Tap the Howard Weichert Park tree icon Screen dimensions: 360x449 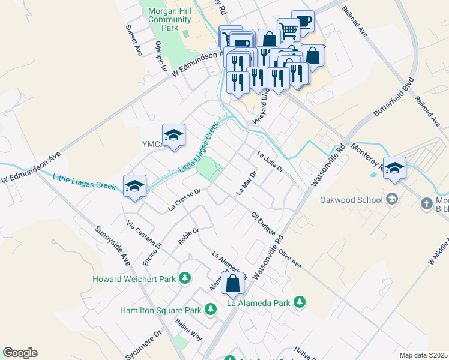185,278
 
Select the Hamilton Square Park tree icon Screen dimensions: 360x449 210,310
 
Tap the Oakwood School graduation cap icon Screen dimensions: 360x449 392,199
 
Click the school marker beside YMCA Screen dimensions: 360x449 173,136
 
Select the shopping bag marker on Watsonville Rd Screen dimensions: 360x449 232,283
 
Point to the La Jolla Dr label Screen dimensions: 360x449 270,161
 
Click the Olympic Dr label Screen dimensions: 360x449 160,56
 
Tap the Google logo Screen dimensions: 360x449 20,353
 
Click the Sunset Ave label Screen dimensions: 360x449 133,41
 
